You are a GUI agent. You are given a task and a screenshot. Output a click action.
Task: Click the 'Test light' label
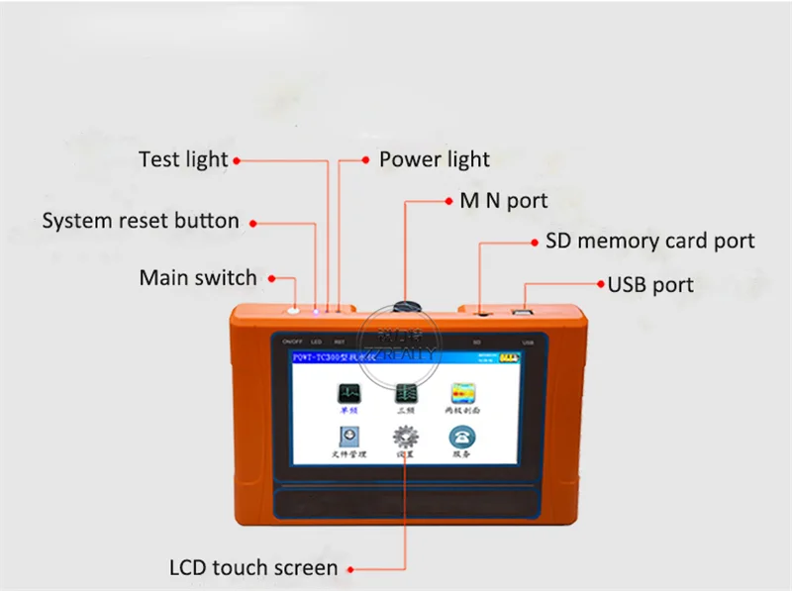[x=183, y=159]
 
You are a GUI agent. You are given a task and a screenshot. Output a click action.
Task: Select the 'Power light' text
[x=435, y=159]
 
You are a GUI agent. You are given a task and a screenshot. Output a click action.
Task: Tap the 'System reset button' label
[x=141, y=221]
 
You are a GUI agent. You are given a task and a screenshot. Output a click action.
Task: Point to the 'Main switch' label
[x=198, y=278]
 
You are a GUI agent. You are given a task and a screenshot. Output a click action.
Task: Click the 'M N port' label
[x=504, y=201]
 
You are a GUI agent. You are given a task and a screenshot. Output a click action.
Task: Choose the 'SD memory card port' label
[x=650, y=241]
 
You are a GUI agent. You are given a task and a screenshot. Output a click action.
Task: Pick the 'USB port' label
[x=650, y=285]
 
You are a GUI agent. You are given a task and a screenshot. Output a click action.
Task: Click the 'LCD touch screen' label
[x=254, y=567]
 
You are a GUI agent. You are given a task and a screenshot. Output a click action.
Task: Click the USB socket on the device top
[x=523, y=313]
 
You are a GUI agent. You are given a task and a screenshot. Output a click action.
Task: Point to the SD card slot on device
[x=482, y=313]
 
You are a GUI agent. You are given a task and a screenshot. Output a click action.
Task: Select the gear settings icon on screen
[x=404, y=437]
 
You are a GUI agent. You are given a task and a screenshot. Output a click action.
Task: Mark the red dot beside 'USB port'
[x=600, y=284]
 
